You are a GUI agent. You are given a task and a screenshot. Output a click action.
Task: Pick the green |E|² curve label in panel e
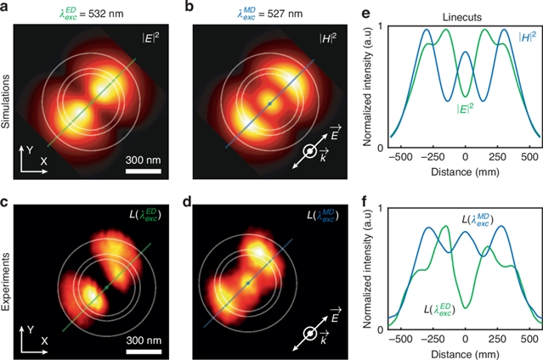pos(445,109)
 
